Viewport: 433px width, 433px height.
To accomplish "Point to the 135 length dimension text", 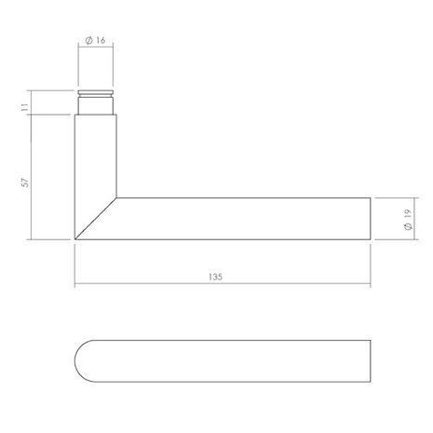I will coord(221,277).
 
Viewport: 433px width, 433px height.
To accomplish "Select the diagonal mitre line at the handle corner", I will coord(94,219).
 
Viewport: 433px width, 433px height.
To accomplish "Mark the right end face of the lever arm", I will coord(371,219).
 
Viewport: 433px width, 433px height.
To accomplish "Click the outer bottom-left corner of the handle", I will coord(74,240).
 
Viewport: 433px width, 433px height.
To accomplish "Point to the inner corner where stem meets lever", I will coord(115,196).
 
